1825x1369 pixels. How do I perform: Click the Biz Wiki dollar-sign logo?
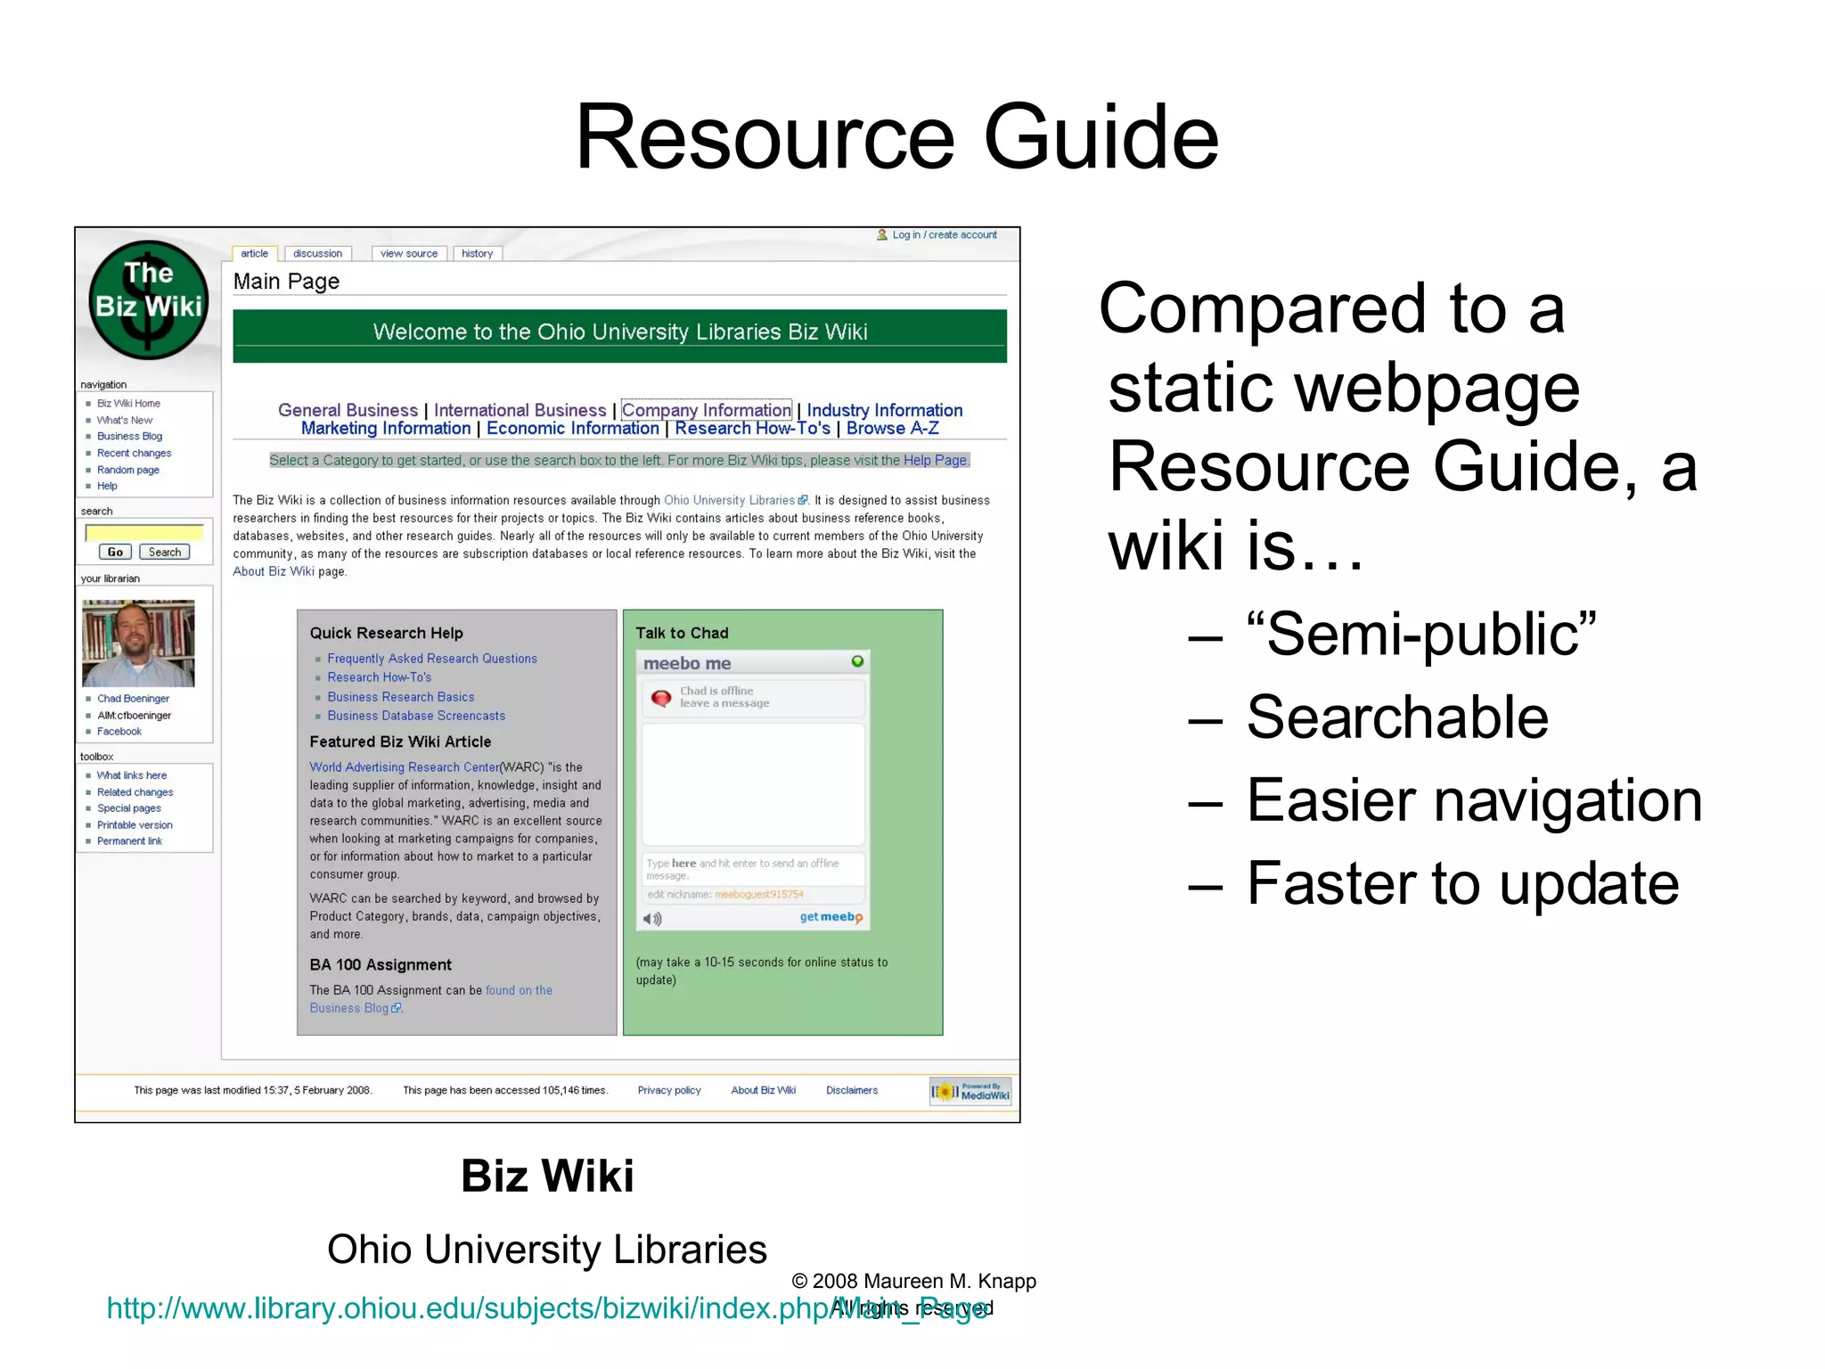[x=149, y=300]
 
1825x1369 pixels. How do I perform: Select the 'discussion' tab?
[x=317, y=254]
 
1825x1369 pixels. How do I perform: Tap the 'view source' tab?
[x=409, y=254]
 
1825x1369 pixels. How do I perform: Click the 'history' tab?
[x=478, y=254]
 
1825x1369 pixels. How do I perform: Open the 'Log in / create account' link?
[x=944, y=235]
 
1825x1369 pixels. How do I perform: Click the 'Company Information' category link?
[x=706, y=410]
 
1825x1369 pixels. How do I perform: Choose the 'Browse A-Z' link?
[x=892, y=429]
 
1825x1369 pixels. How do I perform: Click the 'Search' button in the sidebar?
[x=165, y=553]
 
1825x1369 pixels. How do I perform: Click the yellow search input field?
[x=144, y=533]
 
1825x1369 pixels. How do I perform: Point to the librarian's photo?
[x=138, y=643]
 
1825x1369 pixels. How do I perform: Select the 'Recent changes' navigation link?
[x=134, y=454]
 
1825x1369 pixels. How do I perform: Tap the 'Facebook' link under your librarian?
[x=119, y=732]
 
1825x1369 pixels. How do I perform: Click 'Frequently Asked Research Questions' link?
[x=432, y=659]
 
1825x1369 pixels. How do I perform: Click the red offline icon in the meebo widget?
[x=661, y=698]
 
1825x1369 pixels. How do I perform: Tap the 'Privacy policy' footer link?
[x=669, y=1090]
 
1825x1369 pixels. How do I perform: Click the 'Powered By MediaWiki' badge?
[x=970, y=1092]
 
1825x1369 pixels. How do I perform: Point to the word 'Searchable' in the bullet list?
[x=1397, y=717]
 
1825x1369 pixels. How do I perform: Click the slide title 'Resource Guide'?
[x=896, y=137]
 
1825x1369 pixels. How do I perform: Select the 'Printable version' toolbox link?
[x=135, y=825]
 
